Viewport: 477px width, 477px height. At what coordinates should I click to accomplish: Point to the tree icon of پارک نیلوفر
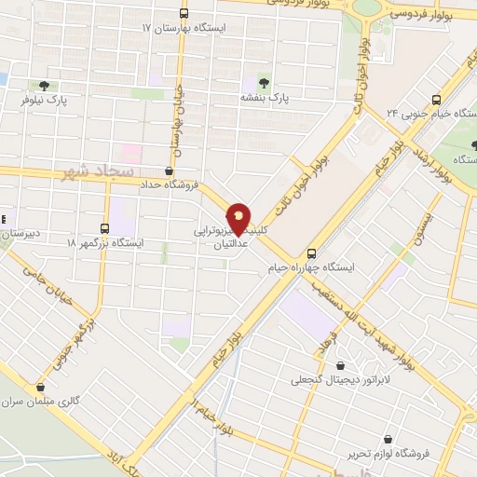tap(44, 86)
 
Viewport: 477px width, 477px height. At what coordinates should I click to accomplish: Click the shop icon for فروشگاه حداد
tap(168, 170)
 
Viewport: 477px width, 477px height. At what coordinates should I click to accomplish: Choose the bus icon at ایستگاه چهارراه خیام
tap(311, 252)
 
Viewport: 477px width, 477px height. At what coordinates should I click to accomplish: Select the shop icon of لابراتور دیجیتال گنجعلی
tap(337, 364)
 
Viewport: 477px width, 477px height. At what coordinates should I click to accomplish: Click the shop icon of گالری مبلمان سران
tap(39, 388)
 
